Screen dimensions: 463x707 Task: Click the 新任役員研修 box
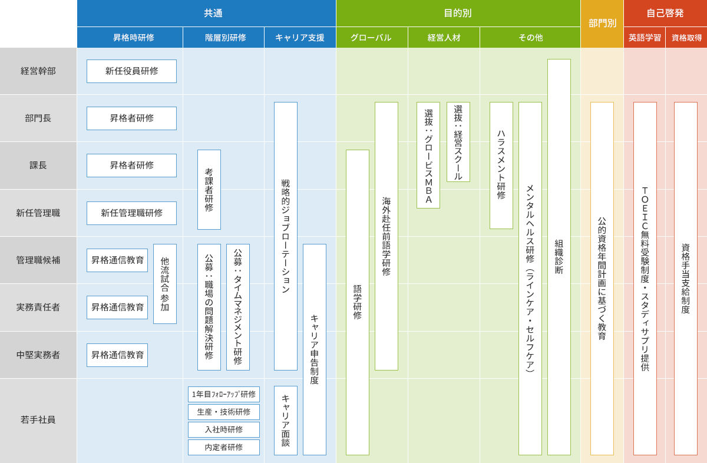point(131,71)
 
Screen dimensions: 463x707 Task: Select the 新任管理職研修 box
point(131,213)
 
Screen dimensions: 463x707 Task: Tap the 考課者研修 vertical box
point(209,190)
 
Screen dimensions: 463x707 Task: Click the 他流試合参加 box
point(165,284)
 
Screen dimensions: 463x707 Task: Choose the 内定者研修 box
point(224,447)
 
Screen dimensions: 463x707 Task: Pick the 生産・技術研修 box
point(224,412)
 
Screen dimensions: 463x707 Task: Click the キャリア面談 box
point(286,421)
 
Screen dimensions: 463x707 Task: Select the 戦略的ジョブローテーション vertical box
point(286,236)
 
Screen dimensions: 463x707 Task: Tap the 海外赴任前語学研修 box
point(386,236)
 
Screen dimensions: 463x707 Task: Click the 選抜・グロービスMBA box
point(428,156)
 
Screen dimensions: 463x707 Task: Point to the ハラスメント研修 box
point(501,166)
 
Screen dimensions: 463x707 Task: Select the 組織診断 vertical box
point(559,257)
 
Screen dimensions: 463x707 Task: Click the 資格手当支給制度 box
point(686,279)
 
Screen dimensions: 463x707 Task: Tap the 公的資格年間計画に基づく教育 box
point(602,279)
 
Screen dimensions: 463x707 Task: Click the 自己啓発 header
point(665,13)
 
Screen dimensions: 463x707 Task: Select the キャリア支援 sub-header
point(300,38)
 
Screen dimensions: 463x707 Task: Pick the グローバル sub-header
point(371,38)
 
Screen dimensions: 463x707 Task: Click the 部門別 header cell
point(602,24)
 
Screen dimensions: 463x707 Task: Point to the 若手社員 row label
point(38,420)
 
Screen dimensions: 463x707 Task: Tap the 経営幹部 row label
point(38,71)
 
